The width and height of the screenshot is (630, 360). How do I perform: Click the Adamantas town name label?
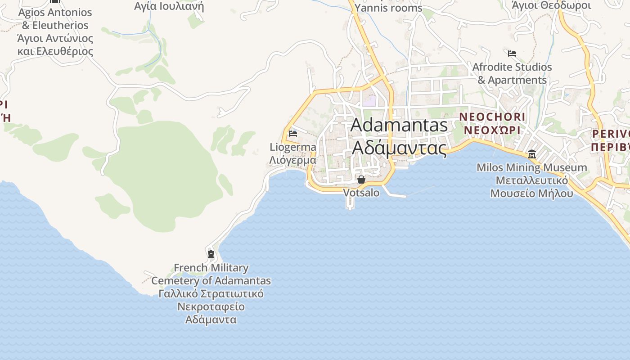click(399, 125)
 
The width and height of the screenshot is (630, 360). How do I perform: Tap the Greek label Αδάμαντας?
click(399, 147)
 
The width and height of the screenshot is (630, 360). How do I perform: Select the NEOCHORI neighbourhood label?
click(492, 117)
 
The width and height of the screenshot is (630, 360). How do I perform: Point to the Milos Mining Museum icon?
click(532, 154)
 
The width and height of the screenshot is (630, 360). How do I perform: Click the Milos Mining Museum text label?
click(531, 168)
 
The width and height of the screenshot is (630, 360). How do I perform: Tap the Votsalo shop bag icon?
click(361, 180)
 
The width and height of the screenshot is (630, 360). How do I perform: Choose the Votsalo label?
click(361, 193)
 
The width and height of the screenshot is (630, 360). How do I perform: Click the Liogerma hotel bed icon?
click(293, 134)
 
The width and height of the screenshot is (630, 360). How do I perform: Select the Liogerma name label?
click(293, 147)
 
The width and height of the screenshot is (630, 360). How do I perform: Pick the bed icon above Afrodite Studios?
click(512, 54)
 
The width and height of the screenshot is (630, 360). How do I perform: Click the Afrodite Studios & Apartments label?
click(512, 73)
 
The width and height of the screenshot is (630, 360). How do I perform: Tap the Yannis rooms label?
click(388, 8)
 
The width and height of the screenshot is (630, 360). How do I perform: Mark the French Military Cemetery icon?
click(211, 254)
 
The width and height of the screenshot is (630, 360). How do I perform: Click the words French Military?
click(211, 268)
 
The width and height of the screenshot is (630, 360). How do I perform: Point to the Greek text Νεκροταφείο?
click(211, 307)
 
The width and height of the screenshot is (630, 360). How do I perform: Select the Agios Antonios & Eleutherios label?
click(55, 19)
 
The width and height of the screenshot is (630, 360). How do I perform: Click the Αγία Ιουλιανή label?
click(169, 6)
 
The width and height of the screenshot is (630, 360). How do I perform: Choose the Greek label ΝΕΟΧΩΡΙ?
click(492, 130)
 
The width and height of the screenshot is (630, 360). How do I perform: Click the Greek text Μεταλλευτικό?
click(531, 181)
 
